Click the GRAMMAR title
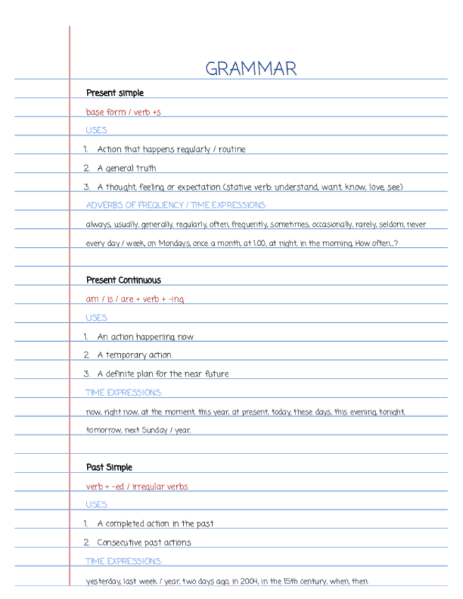click(x=251, y=69)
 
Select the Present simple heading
click(x=115, y=93)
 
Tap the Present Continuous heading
click(x=123, y=280)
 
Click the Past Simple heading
click(x=109, y=468)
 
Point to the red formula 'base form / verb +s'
click(x=123, y=112)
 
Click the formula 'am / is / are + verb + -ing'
click(x=135, y=299)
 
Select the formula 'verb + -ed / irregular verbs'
click(x=136, y=486)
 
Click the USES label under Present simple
click(x=96, y=130)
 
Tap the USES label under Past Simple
click(x=96, y=504)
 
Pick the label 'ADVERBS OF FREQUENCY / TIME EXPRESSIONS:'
click(x=176, y=205)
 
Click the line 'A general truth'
click(x=127, y=168)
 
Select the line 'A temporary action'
click(x=134, y=355)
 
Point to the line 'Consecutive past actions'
click(x=143, y=542)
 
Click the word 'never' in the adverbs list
click(x=416, y=224)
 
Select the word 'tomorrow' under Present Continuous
click(x=104, y=430)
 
